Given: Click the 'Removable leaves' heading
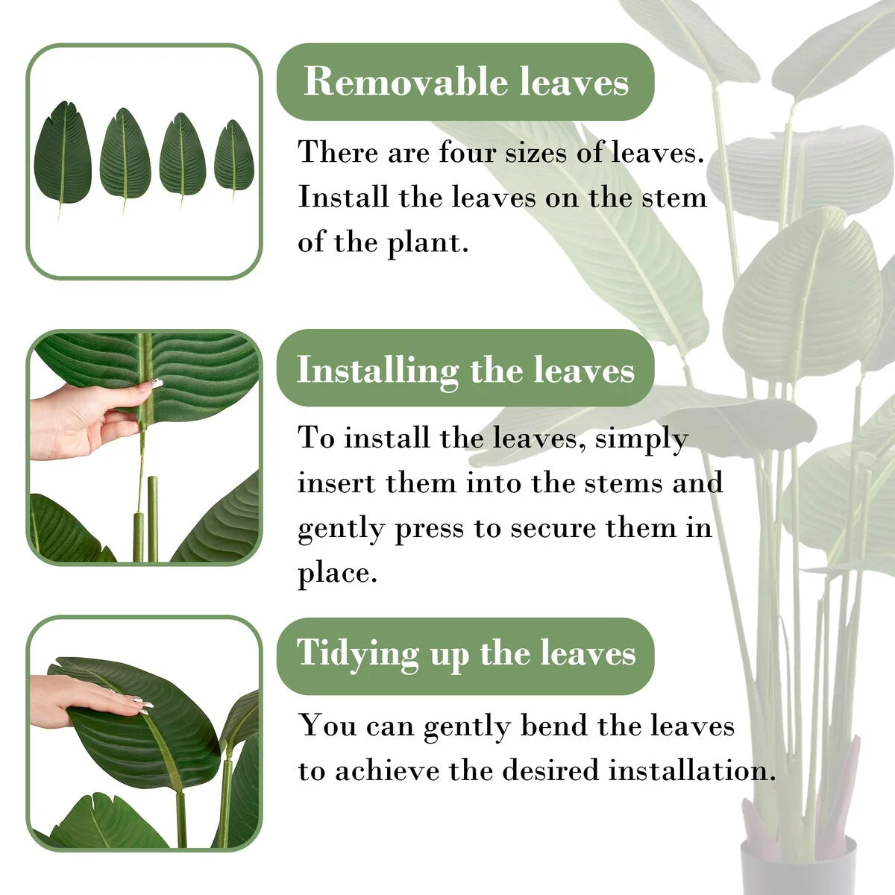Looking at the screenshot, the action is [466, 82].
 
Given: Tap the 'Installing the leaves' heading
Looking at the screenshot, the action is [465, 371].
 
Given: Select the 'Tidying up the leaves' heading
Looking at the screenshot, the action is [466, 654].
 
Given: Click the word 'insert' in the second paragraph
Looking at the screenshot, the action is [336, 483].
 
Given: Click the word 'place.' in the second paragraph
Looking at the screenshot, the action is [337, 574].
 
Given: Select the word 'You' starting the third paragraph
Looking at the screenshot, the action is [329, 725].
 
